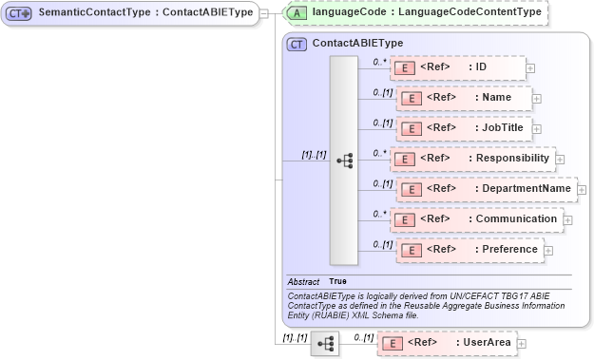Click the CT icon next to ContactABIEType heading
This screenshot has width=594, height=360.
[297, 44]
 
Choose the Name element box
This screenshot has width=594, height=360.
[463, 98]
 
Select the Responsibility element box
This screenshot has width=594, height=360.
[472, 159]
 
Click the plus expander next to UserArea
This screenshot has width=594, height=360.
[521, 343]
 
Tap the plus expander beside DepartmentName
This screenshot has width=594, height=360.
[584, 190]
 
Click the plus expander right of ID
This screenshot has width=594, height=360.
[530, 68]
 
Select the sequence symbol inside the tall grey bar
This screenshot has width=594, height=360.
[344, 161]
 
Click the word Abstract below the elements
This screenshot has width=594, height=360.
[303, 281]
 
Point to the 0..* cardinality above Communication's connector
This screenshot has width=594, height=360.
[380, 213]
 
